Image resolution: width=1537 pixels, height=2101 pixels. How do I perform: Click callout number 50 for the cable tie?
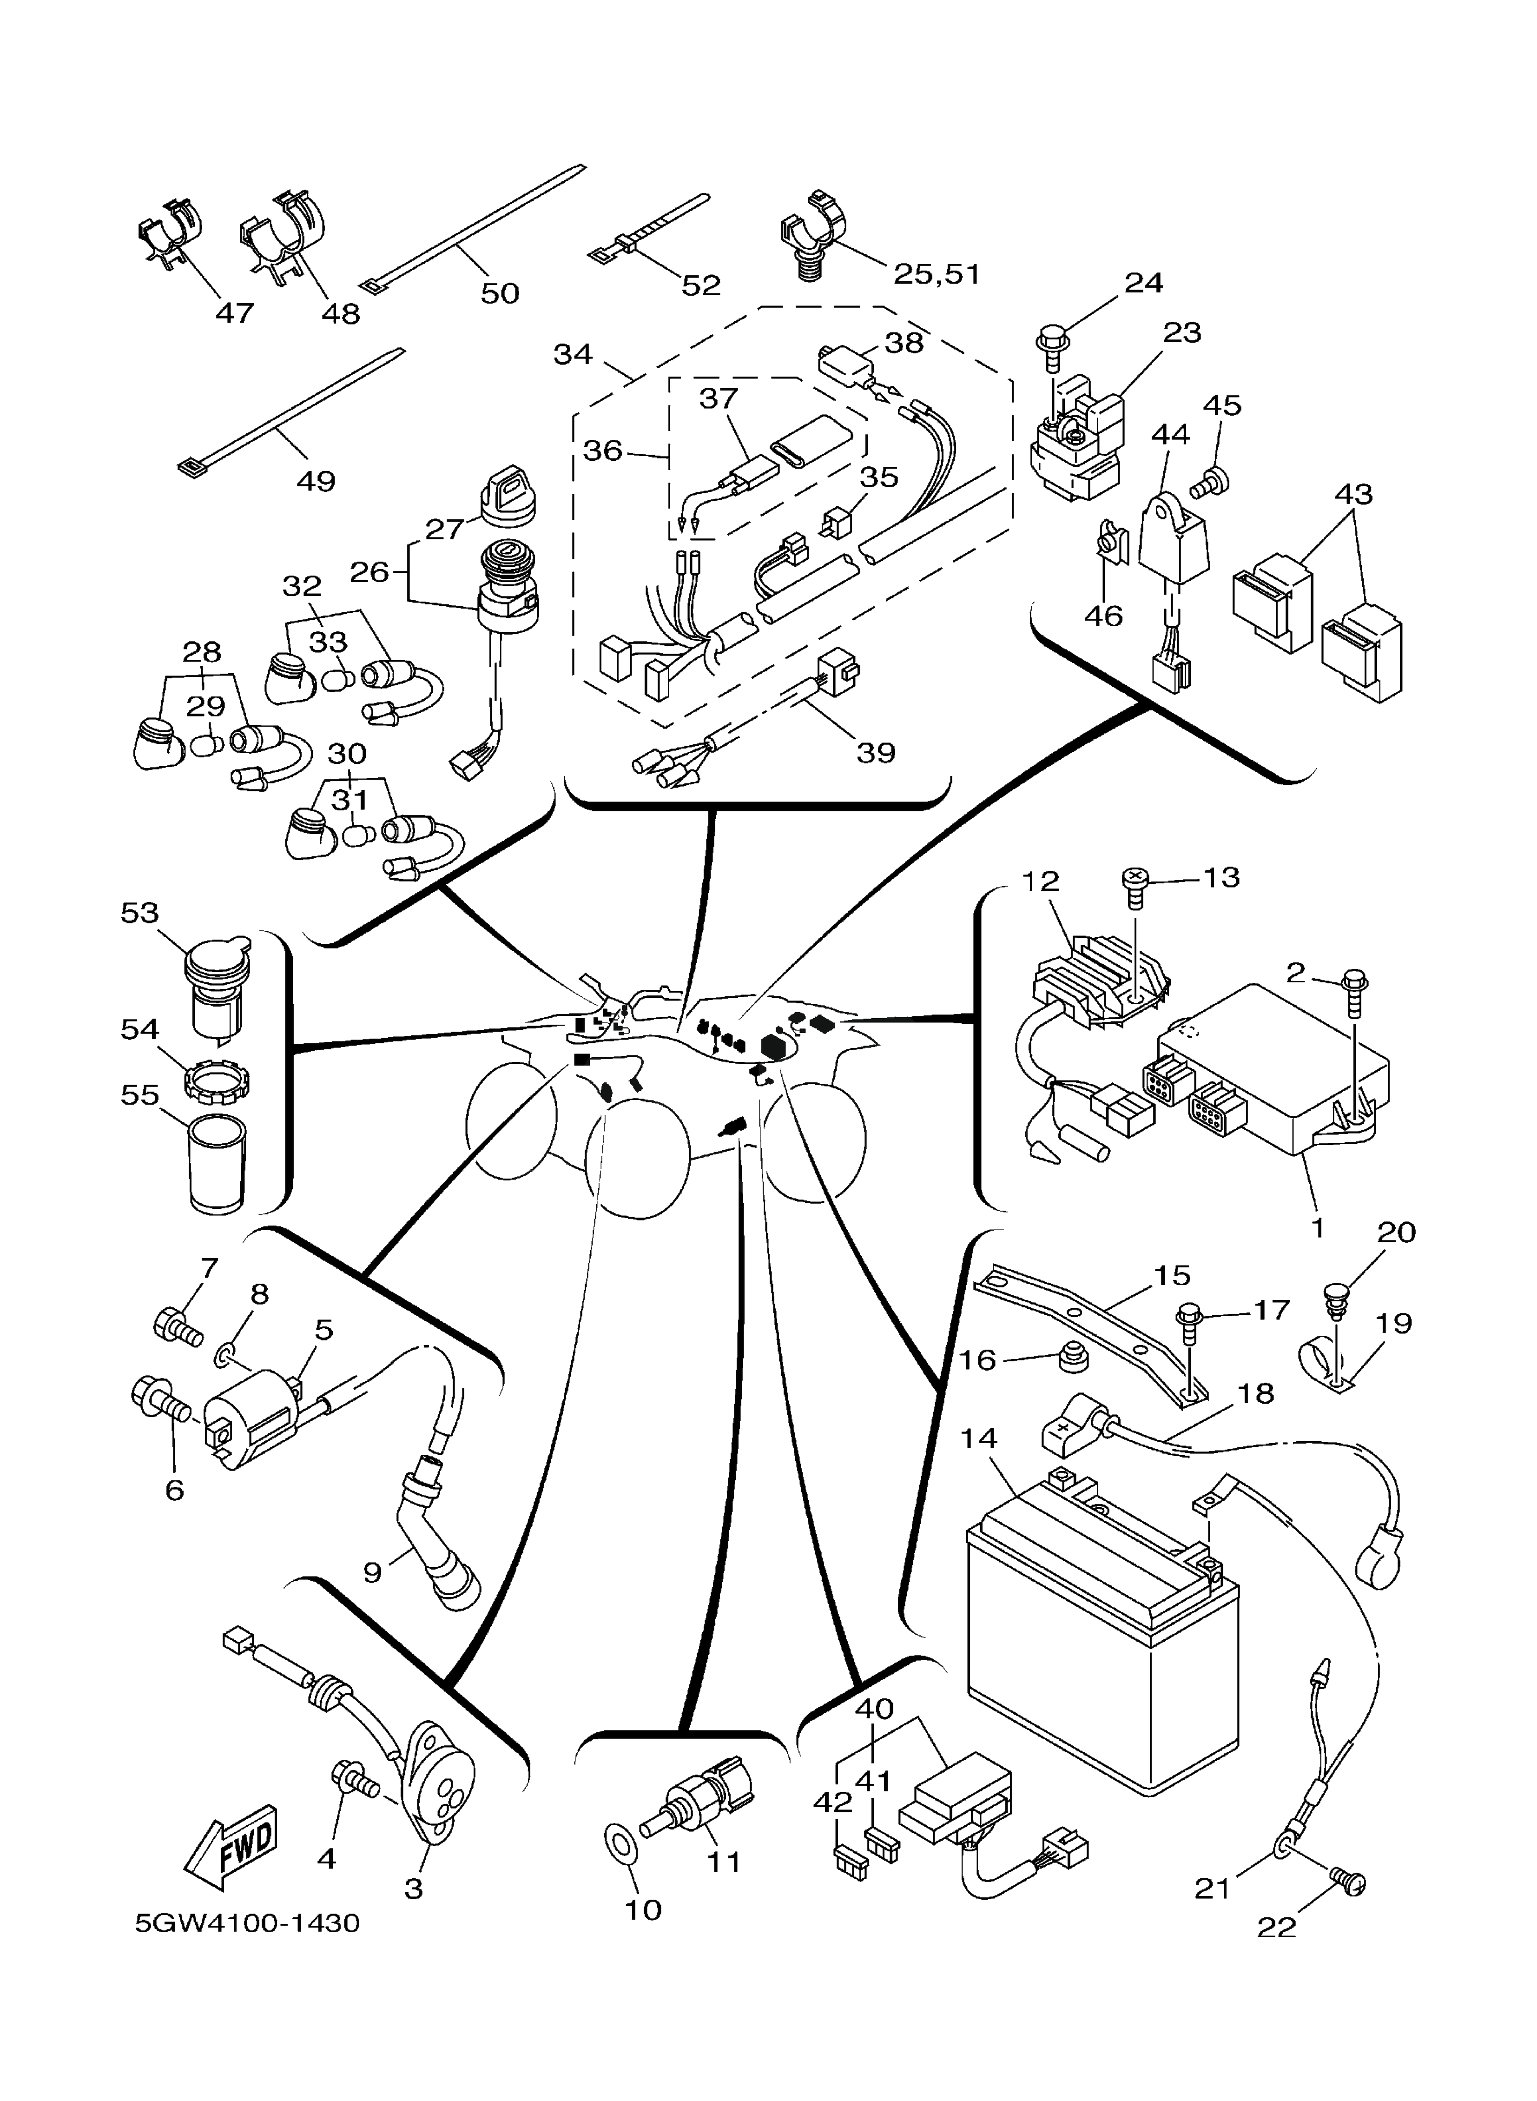500,293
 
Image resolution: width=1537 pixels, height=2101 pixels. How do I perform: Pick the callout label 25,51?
937,274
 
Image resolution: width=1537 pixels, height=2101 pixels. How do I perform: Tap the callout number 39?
876,752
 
